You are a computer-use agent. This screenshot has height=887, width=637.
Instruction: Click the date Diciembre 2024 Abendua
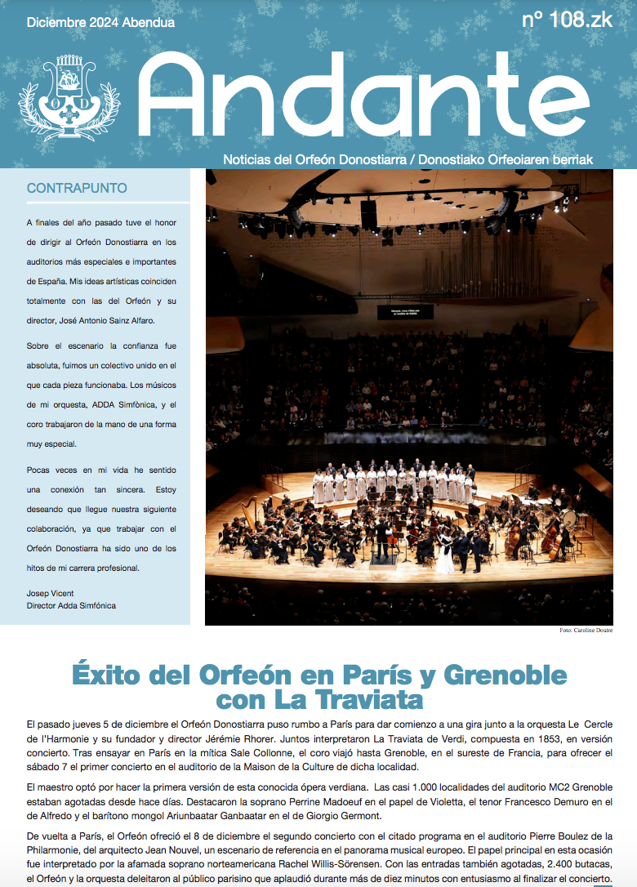pos(100,23)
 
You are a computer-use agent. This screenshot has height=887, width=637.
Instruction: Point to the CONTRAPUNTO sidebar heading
pos(77,188)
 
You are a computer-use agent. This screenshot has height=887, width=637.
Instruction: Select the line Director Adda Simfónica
pos(71,605)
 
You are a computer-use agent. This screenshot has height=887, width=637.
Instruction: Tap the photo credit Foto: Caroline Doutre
pos(586,631)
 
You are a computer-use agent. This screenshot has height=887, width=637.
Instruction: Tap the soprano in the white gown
pos(445,557)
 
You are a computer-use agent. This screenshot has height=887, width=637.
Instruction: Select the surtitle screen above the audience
pos(405,312)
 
